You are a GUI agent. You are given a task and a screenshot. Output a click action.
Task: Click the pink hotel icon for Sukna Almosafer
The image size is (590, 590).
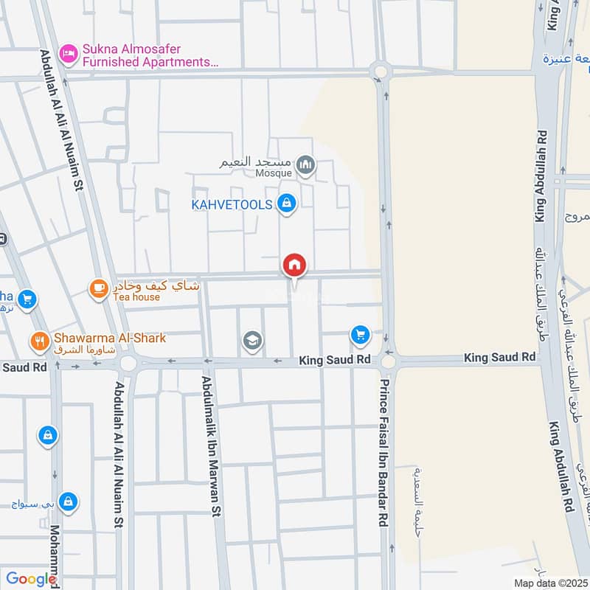(x=69, y=52)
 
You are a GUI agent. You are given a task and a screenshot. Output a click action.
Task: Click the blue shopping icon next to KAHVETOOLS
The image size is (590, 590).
(x=287, y=203)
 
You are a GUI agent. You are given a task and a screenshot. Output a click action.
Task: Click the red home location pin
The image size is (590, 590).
(x=294, y=265)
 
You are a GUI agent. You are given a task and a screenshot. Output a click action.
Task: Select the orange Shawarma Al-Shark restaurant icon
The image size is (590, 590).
(x=39, y=341)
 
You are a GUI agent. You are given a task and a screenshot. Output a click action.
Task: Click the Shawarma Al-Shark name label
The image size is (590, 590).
(x=109, y=338)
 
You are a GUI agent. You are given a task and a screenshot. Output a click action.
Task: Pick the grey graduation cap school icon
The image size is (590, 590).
(x=252, y=340)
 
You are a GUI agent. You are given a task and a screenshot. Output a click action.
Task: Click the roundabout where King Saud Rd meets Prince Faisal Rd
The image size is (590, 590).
(x=388, y=361)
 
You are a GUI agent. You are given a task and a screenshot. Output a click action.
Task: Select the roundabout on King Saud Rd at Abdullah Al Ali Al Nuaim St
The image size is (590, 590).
(x=128, y=363)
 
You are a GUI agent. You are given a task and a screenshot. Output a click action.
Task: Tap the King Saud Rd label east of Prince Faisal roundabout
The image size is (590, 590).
(x=499, y=357)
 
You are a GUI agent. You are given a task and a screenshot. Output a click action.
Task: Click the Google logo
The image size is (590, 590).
(x=32, y=579)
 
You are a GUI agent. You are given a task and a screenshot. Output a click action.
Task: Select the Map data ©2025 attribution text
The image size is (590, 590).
(x=549, y=583)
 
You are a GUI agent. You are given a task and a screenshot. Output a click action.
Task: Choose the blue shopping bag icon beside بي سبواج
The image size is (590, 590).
(x=68, y=502)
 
